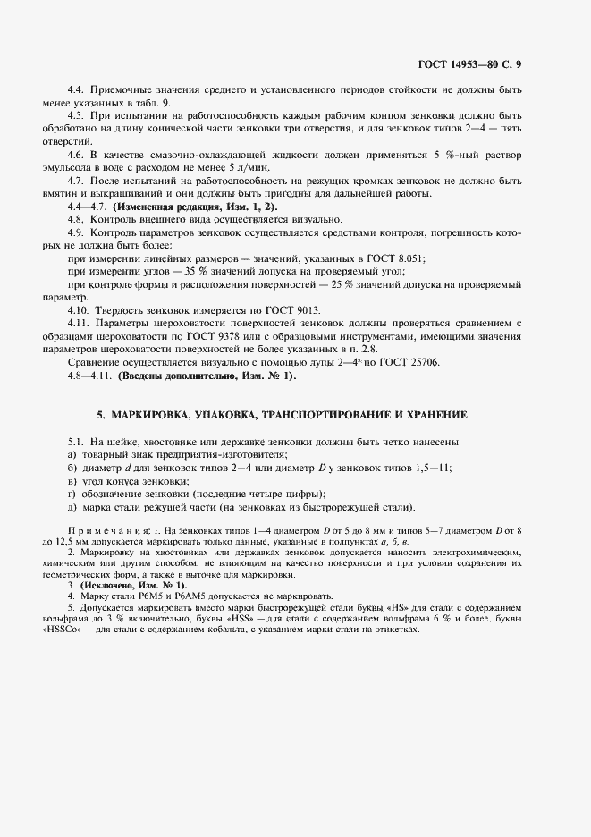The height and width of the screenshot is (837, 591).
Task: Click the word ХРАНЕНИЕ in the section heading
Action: [434, 416]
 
